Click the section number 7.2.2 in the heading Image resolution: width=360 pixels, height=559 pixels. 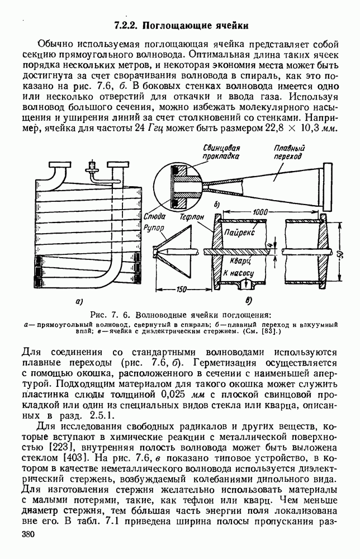[127, 25]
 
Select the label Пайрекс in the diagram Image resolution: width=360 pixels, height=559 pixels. [238, 230]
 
